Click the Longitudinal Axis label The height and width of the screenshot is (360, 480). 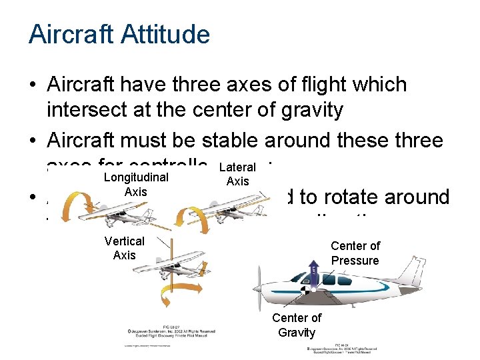point(136,185)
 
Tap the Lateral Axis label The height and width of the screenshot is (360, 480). point(237,175)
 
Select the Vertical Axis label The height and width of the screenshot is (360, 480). point(125,248)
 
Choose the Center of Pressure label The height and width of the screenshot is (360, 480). point(355,253)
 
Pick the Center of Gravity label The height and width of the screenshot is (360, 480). point(296,325)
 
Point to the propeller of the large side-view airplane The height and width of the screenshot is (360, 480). point(256,287)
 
